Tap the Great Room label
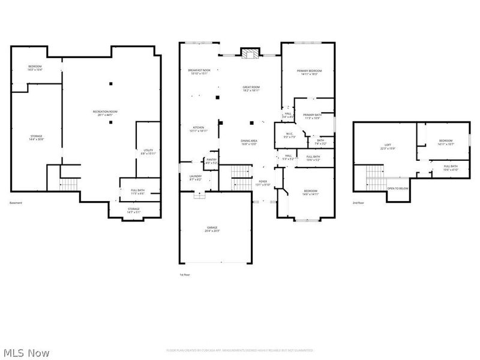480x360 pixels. click(x=251, y=89)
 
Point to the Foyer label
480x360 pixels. click(x=263, y=182)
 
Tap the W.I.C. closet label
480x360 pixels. click(x=289, y=135)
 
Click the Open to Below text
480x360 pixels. click(x=398, y=188)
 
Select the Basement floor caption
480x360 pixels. click(x=16, y=203)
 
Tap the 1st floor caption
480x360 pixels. click(x=184, y=274)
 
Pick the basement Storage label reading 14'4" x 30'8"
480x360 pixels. click(x=37, y=137)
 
